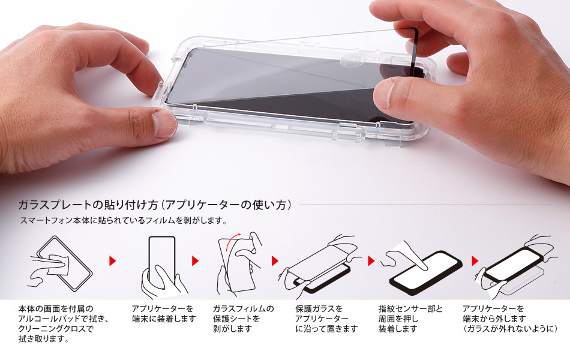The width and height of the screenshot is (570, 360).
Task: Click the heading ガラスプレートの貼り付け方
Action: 88,205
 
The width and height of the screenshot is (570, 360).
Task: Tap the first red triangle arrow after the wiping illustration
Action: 112,261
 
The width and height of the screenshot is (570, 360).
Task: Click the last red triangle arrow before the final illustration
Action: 475,261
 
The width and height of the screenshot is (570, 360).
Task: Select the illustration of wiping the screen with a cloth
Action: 61,263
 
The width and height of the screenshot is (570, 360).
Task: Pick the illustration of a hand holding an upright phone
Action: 163,266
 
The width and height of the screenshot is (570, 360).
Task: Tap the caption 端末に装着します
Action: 164,319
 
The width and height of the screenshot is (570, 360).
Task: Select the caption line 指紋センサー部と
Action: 410,309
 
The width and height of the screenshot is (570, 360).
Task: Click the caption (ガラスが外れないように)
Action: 510,329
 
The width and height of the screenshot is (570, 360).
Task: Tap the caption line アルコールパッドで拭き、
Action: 64,319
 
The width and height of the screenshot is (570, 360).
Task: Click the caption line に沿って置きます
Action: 326,329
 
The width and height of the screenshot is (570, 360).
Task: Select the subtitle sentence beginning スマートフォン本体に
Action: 123,220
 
